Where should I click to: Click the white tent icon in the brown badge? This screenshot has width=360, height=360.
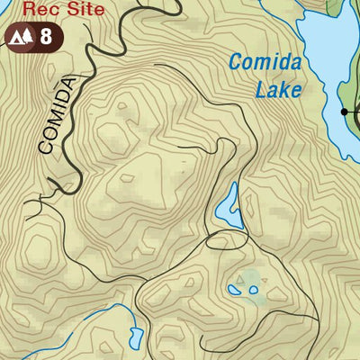tap(16, 38)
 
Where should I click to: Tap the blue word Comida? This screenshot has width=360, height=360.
tap(263, 64)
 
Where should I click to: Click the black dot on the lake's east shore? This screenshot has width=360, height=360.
tap(345, 112)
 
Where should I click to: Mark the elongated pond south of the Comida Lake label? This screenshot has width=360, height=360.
tap(229, 207)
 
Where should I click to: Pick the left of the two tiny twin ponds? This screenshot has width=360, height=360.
tap(235, 290)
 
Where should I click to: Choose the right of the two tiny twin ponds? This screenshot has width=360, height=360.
tap(253, 290)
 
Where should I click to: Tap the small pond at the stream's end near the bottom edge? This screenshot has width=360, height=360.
tap(134, 338)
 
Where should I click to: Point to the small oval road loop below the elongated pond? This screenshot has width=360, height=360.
tap(223, 240)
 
